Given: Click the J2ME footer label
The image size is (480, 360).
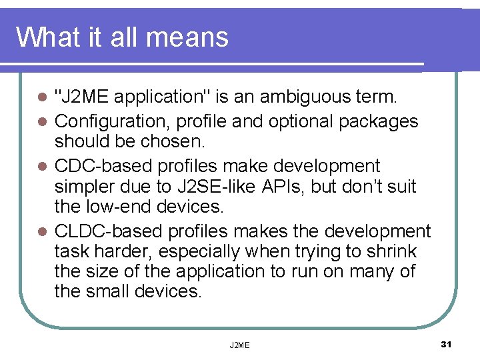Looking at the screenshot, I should click(x=239, y=345).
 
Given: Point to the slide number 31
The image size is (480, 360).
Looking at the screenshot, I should click(x=446, y=344).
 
